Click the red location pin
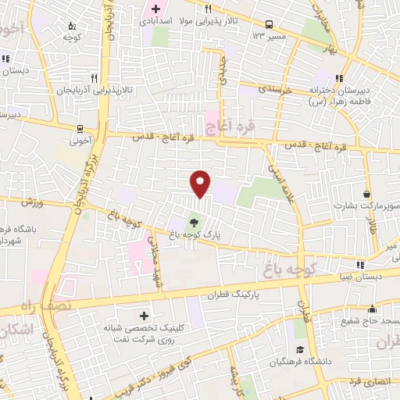201,184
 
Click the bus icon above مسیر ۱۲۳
269,24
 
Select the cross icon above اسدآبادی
155,9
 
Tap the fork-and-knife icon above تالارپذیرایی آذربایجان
93,78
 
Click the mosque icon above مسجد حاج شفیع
372,309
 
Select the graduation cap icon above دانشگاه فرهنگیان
298,350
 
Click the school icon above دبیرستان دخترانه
339,78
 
